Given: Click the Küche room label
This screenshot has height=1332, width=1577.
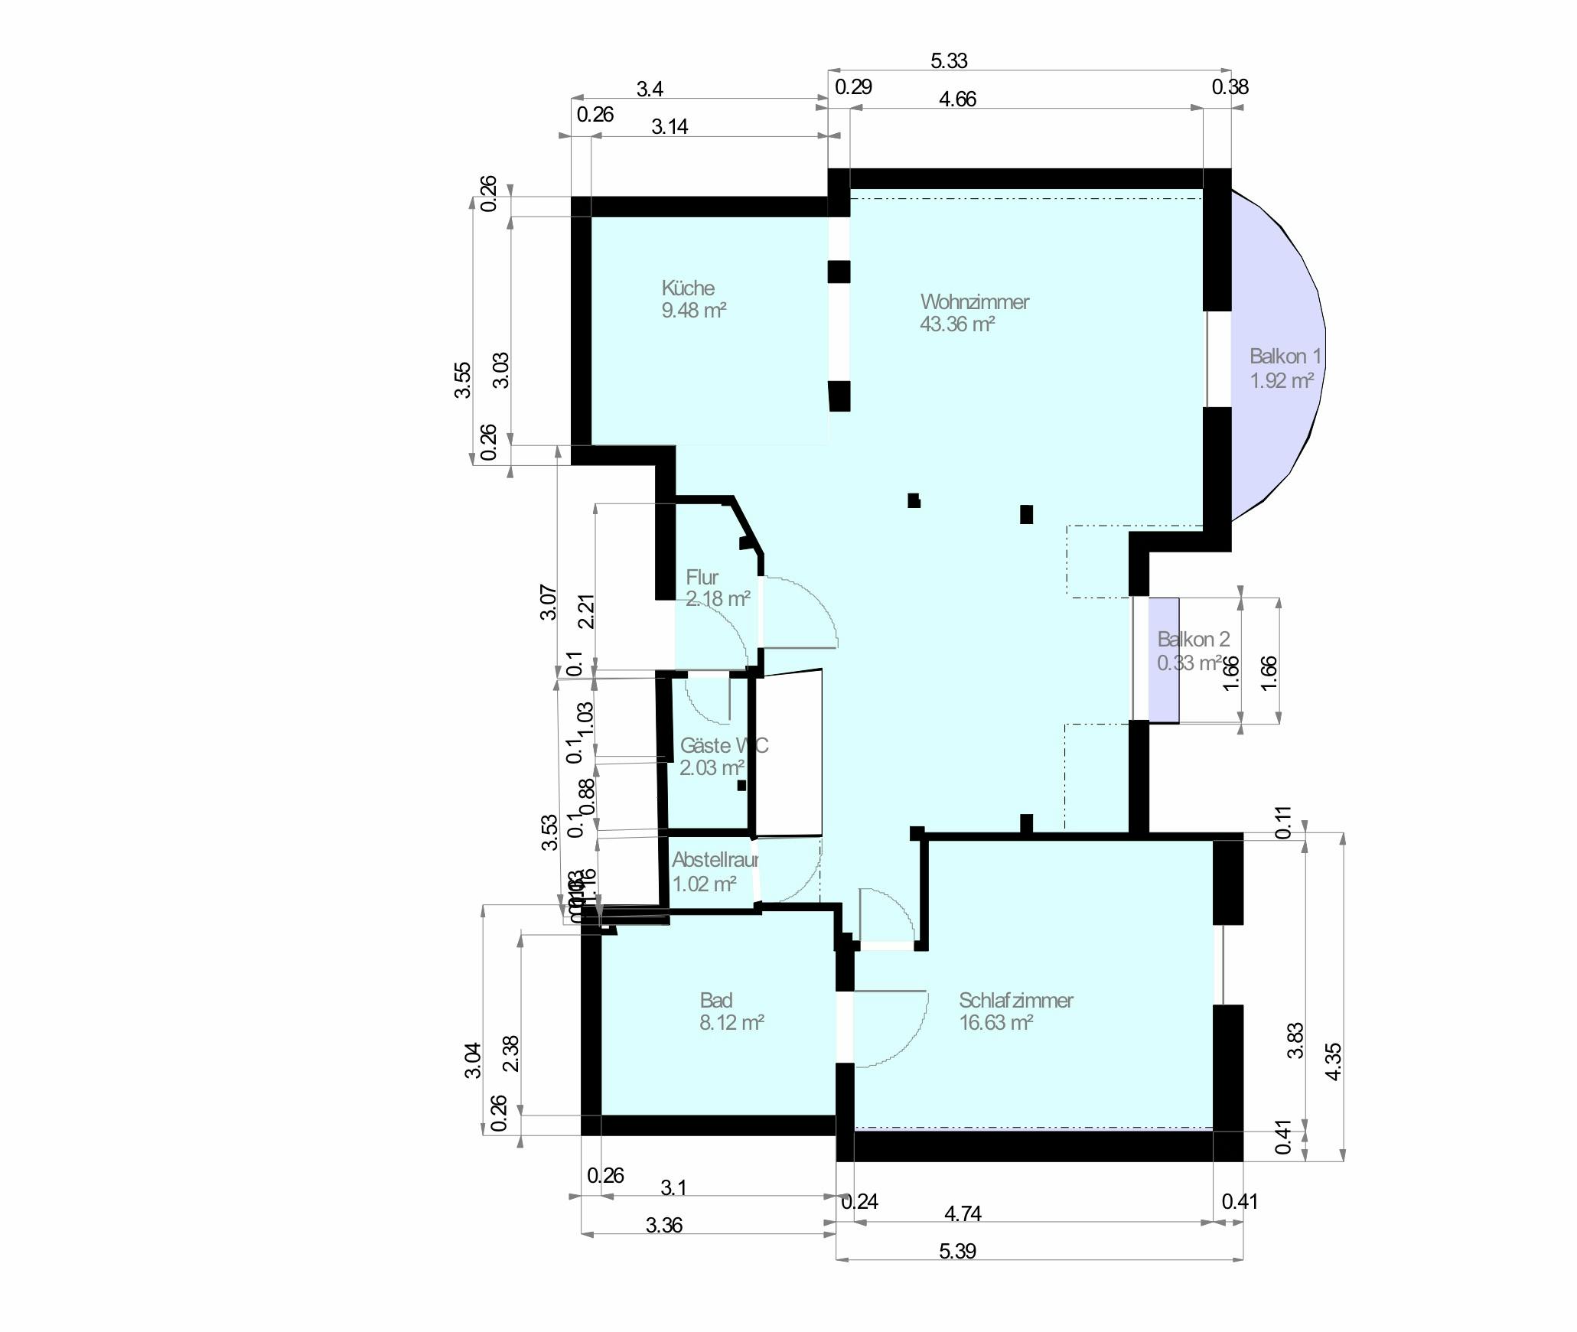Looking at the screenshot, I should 688,288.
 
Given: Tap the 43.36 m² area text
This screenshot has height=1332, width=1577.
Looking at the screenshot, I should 957,324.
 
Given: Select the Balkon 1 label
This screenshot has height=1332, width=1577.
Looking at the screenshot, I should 1285,357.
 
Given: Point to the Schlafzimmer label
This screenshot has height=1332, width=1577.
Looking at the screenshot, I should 1015,1000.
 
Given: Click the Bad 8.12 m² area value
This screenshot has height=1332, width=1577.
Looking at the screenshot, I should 731,1023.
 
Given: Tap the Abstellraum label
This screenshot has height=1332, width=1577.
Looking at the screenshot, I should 715,860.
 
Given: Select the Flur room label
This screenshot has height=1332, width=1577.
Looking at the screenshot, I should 702,577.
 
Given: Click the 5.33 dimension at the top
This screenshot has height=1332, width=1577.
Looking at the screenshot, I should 949,61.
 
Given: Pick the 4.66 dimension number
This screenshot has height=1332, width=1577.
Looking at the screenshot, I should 957,99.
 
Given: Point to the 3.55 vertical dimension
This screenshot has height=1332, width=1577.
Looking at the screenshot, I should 463,379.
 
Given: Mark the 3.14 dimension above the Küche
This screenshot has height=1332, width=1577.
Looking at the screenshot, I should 670,127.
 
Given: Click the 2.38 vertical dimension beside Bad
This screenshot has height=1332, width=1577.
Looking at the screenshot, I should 511,1054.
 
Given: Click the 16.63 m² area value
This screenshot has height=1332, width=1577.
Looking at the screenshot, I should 996,1023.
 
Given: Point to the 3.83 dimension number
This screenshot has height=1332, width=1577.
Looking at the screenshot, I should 1295,1041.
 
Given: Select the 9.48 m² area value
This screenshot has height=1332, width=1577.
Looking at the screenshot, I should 693,311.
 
